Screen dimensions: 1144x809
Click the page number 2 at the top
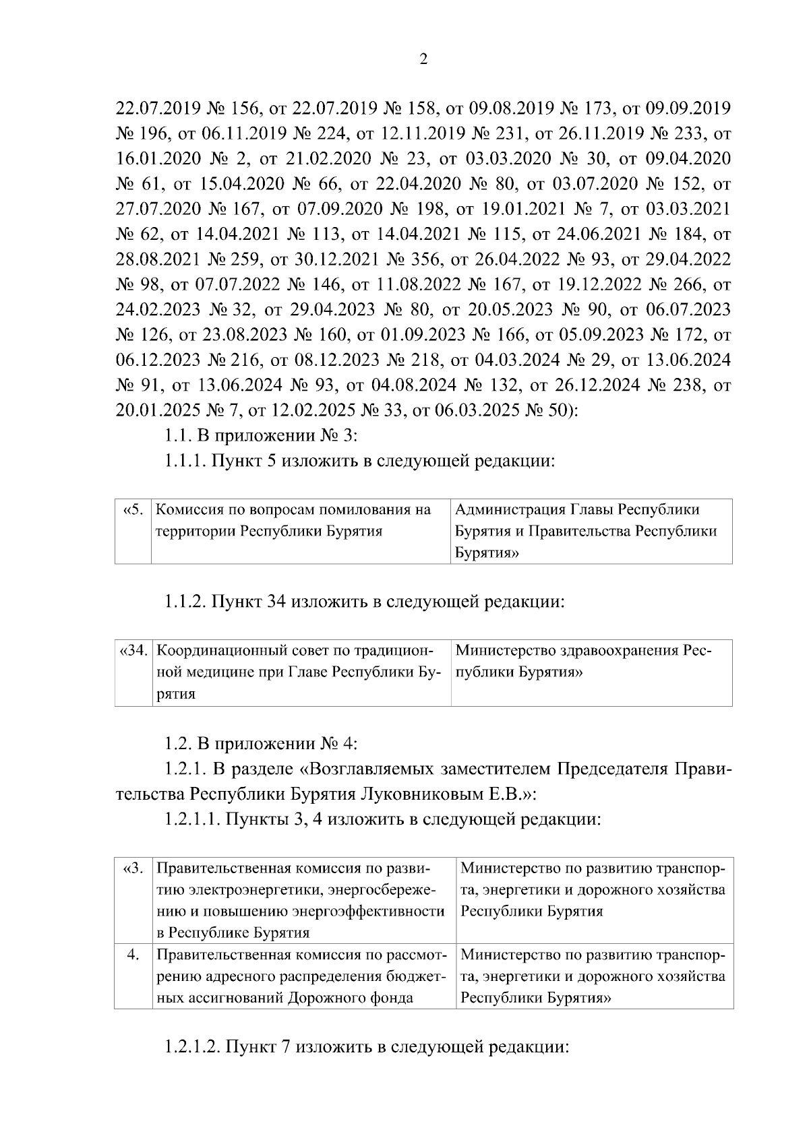(x=423, y=60)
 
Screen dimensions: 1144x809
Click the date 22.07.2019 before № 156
(x=154, y=107)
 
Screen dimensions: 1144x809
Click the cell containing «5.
(x=133, y=510)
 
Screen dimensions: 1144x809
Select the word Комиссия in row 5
(x=187, y=510)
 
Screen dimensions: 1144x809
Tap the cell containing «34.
(x=133, y=652)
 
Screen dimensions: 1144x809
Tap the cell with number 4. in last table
(x=133, y=955)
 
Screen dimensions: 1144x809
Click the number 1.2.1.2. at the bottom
(x=192, y=1049)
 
